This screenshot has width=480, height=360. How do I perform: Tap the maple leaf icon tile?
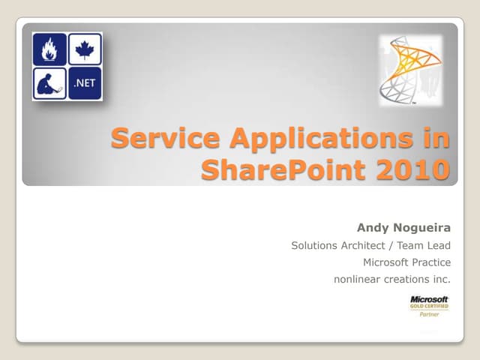(84, 50)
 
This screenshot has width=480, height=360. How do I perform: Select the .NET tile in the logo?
(84, 83)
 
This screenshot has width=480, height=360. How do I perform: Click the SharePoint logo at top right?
(409, 70)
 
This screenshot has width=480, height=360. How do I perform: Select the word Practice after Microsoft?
(431, 262)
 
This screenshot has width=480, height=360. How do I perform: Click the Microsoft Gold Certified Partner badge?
(429, 307)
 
